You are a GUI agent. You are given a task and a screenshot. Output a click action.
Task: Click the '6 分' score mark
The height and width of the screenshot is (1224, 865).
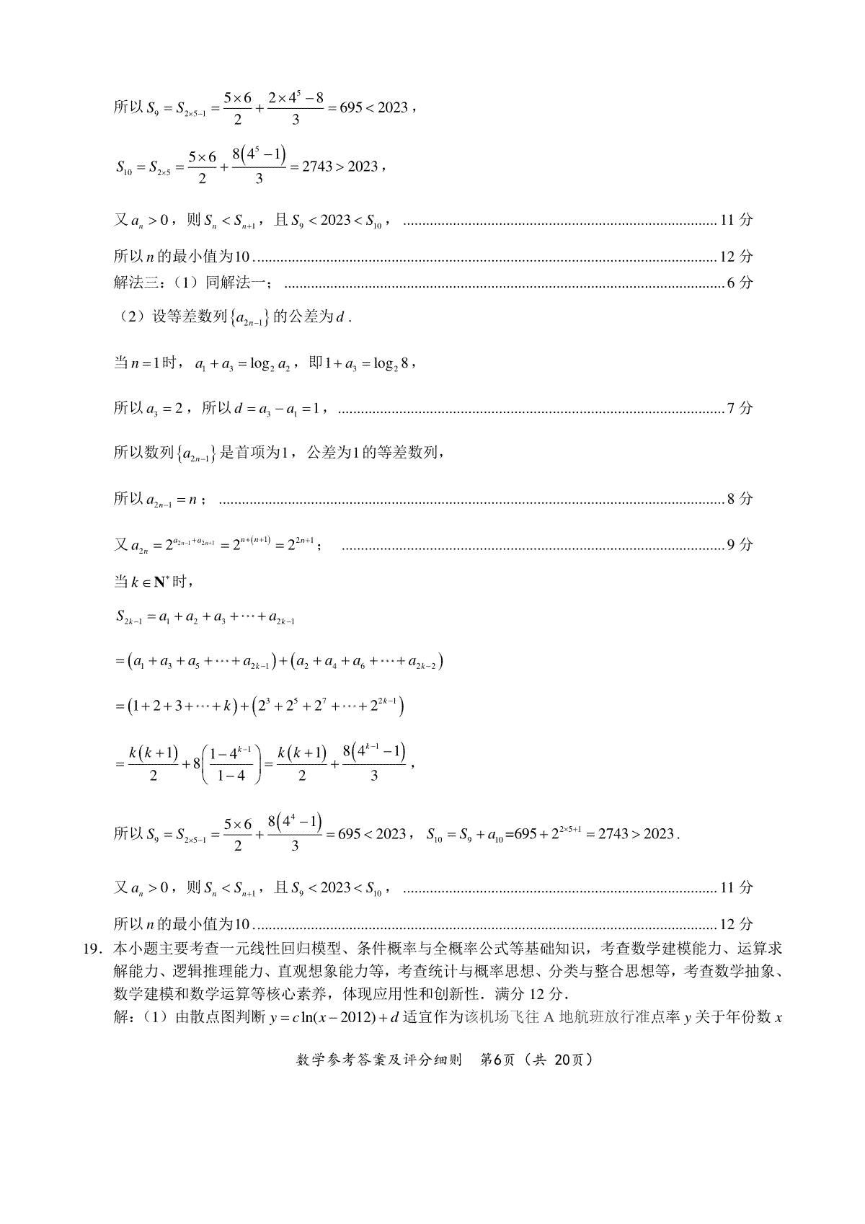click(x=740, y=283)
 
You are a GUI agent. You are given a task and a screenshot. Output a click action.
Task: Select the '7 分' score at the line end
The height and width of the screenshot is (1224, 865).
click(x=740, y=409)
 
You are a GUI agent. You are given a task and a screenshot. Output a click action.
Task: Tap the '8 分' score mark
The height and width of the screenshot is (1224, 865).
click(x=740, y=499)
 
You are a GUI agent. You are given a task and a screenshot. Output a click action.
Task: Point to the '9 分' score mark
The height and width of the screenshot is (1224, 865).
click(x=740, y=545)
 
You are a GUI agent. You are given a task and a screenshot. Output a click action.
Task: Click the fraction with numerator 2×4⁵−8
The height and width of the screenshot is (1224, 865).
click(x=296, y=108)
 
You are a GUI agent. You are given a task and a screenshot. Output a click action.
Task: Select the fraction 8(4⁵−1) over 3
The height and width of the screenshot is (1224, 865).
click(x=259, y=167)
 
